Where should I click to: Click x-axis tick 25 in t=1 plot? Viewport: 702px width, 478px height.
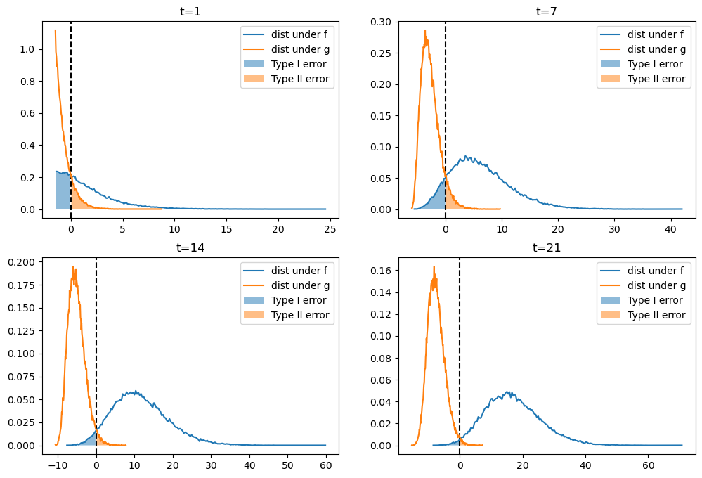[x=331, y=228]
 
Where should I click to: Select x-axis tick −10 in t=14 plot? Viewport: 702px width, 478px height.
[x=56, y=465]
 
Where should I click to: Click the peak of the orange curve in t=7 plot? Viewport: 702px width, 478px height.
[x=425, y=30]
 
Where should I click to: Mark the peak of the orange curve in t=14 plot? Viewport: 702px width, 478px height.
[x=74, y=267]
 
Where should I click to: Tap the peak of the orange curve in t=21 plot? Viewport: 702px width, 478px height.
[x=434, y=267]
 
